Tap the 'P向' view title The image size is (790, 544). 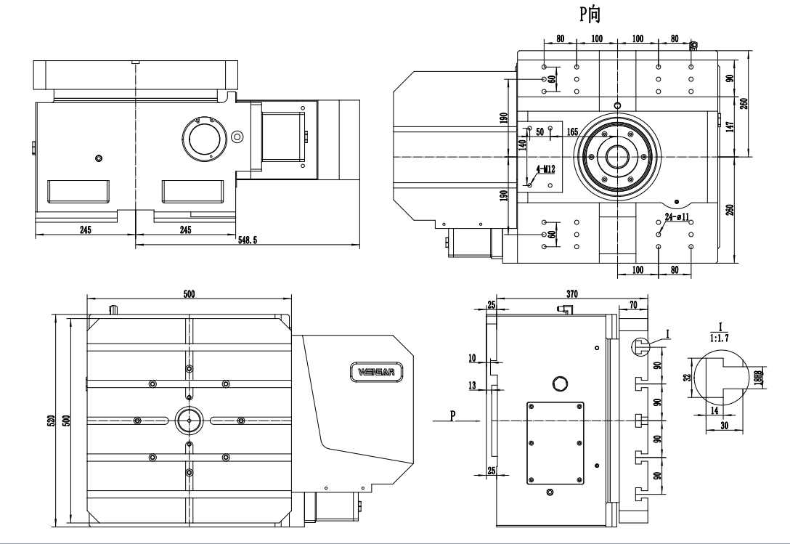(x=590, y=14)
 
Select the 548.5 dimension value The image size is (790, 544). (x=248, y=240)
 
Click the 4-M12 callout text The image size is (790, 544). (x=545, y=169)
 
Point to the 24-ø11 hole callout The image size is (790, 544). (x=677, y=217)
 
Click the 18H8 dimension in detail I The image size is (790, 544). (x=759, y=378)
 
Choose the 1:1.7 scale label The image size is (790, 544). (x=719, y=338)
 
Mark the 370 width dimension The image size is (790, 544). (x=572, y=294)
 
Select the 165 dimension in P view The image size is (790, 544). (x=572, y=132)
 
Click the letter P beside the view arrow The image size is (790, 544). (x=453, y=415)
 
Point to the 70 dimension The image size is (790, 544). (x=633, y=304)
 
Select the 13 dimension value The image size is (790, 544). (x=472, y=386)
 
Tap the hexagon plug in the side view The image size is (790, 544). (x=560, y=383)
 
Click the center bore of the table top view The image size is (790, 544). (x=189, y=421)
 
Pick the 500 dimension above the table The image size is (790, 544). (x=189, y=294)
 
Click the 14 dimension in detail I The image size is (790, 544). (x=714, y=411)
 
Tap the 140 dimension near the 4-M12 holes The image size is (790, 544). (x=522, y=145)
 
